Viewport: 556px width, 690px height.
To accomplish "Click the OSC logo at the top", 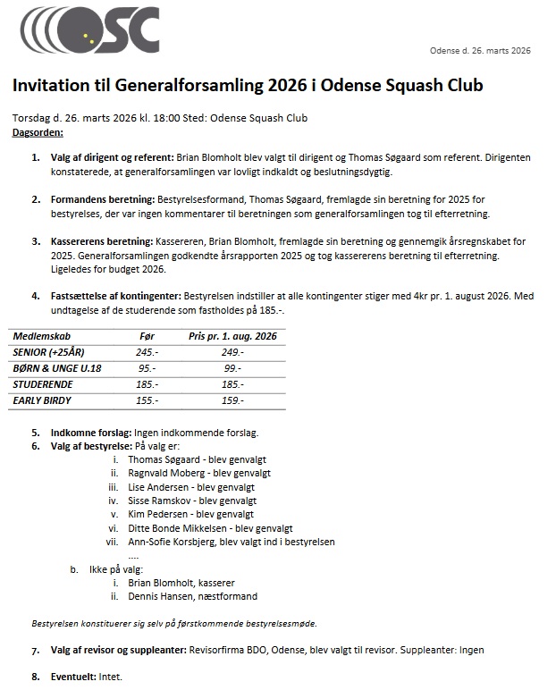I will [x=88, y=30].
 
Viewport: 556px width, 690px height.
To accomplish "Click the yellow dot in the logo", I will [x=86, y=37].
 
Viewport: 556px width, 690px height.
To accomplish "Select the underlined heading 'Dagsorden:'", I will [x=38, y=132].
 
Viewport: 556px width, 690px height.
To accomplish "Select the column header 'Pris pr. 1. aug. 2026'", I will [x=232, y=336].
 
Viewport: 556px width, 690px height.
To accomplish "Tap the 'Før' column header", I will [x=147, y=336].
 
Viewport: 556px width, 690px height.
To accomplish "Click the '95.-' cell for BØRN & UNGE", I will [x=147, y=368].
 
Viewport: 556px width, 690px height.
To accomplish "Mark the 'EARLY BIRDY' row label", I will [x=42, y=400].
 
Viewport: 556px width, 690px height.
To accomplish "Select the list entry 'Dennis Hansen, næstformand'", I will [x=192, y=596].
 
